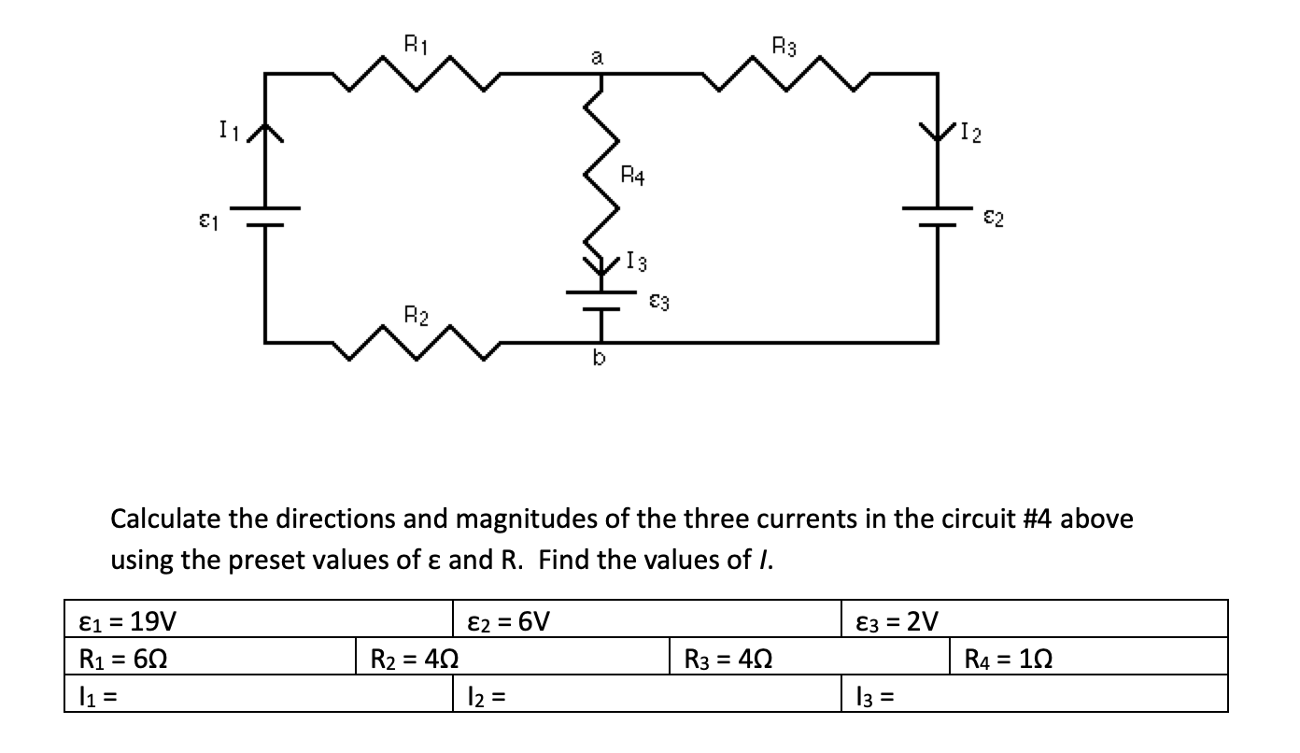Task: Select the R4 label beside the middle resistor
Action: pyautogui.click(x=632, y=174)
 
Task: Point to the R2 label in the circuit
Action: pyautogui.click(x=416, y=314)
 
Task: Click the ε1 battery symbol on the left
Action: pyautogui.click(x=265, y=217)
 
